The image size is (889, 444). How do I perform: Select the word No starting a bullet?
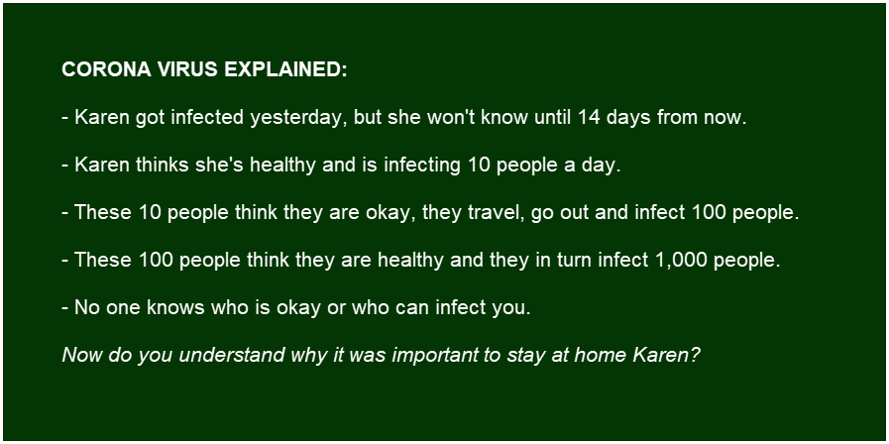(87, 308)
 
